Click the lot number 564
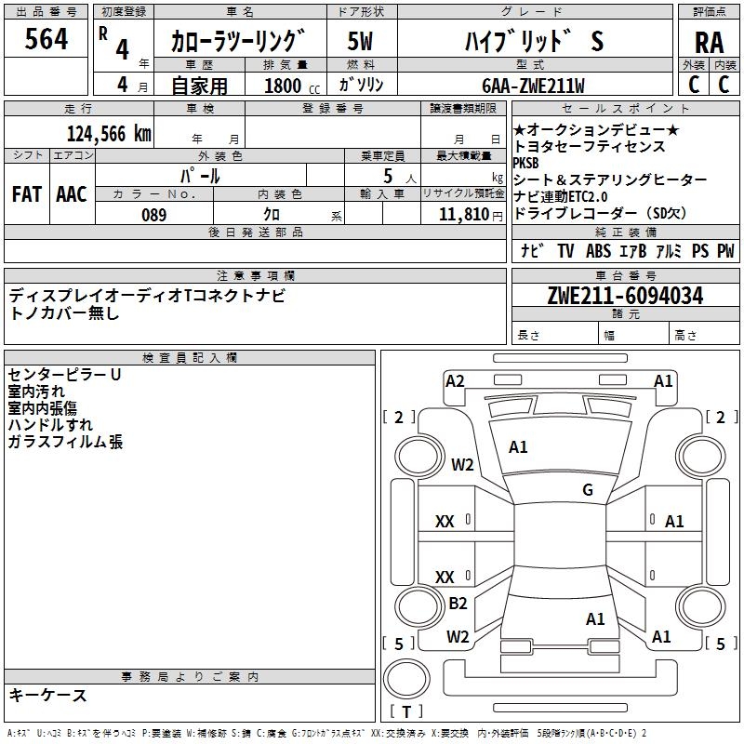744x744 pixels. coord(46,40)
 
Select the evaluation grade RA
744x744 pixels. coord(709,43)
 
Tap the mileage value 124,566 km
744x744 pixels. coord(109,133)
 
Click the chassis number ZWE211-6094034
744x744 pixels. coord(625,296)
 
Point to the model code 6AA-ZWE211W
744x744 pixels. coord(534,86)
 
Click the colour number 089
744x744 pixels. coord(153,215)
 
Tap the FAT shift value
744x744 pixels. coord(26,194)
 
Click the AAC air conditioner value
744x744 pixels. coord(71,194)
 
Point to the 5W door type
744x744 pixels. coord(360,41)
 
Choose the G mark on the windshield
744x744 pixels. coord(588,490)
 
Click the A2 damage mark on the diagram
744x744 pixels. coord(455,380)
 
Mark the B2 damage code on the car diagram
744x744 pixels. coord(458,603)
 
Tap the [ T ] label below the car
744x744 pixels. coord(405,712)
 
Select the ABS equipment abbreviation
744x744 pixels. coord(598,251)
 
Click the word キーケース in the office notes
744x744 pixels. coord(48,696)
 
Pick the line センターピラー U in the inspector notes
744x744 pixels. coord(64,375)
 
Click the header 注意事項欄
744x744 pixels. coord(255,276)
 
